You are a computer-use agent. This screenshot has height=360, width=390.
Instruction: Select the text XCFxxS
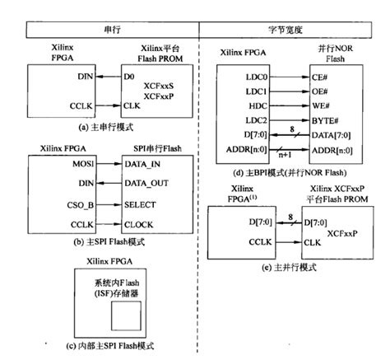[x=157, y=85]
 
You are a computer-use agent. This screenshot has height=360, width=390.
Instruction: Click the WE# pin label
[x=321, y=106]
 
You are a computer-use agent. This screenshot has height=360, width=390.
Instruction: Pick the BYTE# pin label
[x=324, y=121]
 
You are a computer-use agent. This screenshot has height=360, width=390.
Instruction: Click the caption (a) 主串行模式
[x=106, y=128]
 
